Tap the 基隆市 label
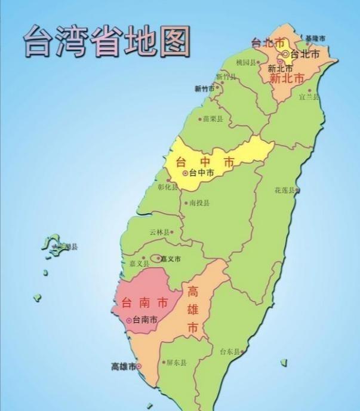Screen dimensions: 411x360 coord(315,38)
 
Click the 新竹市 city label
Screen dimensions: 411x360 coord(204,88)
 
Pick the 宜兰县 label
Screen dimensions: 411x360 coord(309,96)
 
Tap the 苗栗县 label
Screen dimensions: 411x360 coord(212,119)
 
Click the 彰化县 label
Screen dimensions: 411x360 coord(168,186)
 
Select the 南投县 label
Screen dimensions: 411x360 coord(199,203)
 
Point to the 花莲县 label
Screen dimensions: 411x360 coord(285,190)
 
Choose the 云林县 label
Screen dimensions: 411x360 coord(160,232)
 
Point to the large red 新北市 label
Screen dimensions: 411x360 coord(287,78)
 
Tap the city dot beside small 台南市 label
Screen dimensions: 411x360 coord(129,320)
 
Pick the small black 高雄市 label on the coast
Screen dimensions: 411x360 coord(124,366)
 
